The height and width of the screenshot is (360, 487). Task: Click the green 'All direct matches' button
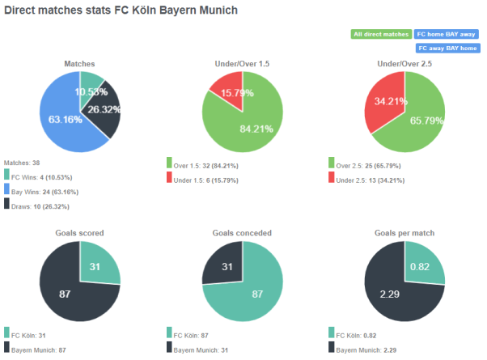[x=380, y=34]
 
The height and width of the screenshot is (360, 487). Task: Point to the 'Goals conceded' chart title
[x=242, y=233]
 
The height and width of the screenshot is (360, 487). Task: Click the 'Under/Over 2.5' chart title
[x=404, y=63]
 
